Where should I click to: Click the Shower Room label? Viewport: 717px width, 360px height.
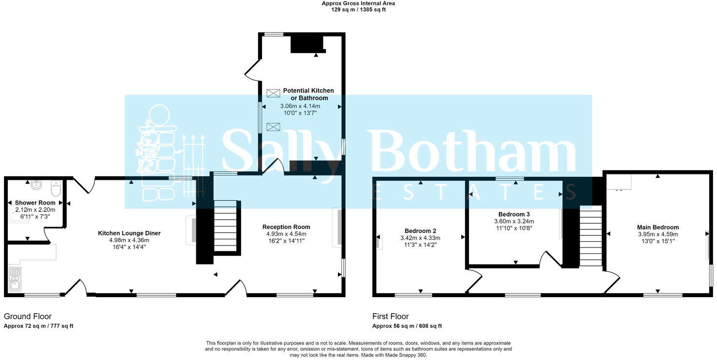click(x=35, y=203)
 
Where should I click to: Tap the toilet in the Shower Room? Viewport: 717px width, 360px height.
click(x=56, y=188)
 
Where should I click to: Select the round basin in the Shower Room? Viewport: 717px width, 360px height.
click(x=36, y=185)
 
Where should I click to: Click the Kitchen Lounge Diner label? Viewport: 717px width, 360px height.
click(x=129, y=233)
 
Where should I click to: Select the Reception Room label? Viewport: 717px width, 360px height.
click(x=286, y=227)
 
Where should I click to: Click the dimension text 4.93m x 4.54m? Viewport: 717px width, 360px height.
click(x=286, y=234)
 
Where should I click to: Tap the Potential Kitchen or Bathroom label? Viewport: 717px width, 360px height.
click(x=308, y=94)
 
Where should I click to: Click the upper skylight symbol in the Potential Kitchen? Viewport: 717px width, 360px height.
click(x=273, y=93)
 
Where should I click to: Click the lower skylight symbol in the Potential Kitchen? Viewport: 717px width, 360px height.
click(x=273, y=127)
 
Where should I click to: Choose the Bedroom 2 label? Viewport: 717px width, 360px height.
click(x=420, y=231)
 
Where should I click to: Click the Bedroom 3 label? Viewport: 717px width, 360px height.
click(x=514, y=214)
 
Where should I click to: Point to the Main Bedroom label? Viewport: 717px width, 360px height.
click(x=658, y=227)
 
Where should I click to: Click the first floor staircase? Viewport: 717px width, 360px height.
click(x=591, y=236)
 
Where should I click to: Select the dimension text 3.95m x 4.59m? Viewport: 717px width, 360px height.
click(x=658, y=234)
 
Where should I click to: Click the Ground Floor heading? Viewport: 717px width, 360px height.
click(x=27, y=317)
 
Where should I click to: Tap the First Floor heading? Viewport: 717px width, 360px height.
click(x=390, y=317)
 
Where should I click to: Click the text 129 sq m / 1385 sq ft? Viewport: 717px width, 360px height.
click(x=358, y=10)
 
